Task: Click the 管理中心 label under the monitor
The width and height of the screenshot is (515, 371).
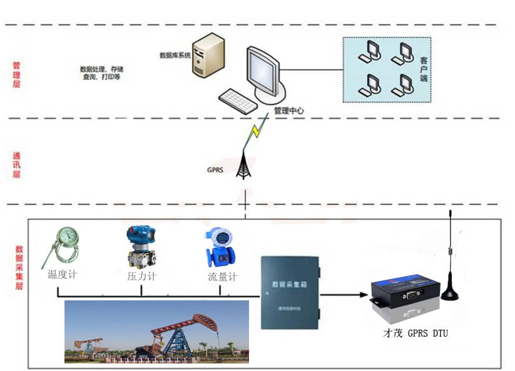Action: click(289, 111)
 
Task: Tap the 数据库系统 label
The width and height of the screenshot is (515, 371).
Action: click(175, 55)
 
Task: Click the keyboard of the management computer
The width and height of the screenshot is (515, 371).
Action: click(238, 100)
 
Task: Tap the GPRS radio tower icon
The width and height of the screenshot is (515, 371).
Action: click(245, 163)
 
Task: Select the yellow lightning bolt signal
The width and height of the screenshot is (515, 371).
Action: click(255, 133)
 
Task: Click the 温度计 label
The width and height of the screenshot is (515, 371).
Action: click(62, 274)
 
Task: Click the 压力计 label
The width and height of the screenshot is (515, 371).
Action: click(141, 275)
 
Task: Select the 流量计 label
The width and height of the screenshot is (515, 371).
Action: click(222, 277)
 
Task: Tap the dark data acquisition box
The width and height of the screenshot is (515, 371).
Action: click(290, 292)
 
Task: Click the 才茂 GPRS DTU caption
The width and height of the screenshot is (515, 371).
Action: click(415, 333)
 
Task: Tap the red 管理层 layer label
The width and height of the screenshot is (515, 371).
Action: click(17, 74)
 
